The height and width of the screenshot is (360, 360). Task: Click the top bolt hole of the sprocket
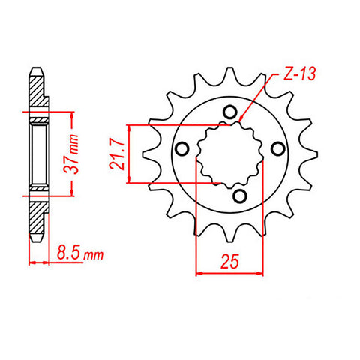(x=230, y=113)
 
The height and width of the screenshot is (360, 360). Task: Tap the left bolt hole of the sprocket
(x=181, y=148)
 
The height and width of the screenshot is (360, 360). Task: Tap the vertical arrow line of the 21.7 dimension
(x=133, y=153)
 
